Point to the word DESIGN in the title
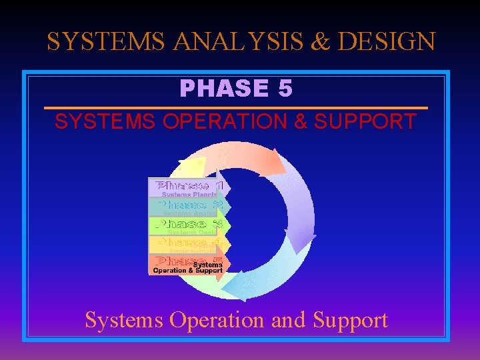(x=386, y=42)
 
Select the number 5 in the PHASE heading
(x=285, y=88)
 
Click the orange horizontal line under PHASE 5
(x=235, y=108)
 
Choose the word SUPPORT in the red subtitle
(x=365, y=122)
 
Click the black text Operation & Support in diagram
(x=187, y=271)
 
